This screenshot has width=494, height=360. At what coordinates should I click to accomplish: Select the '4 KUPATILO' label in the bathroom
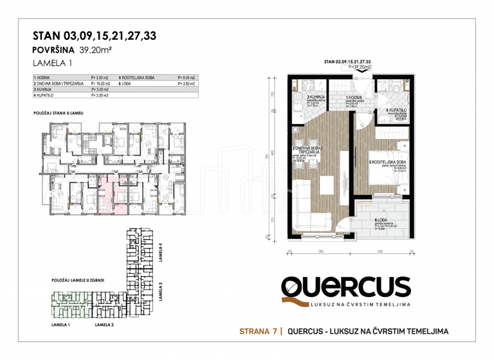tap(396, 111)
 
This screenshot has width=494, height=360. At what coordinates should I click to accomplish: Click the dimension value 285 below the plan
tap(320, 251)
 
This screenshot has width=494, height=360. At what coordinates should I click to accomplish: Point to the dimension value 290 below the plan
tap(381, 251)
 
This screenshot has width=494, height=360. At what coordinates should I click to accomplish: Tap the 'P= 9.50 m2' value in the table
tap(186, 77)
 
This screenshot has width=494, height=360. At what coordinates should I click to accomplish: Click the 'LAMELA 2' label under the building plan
tap(105, 325)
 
